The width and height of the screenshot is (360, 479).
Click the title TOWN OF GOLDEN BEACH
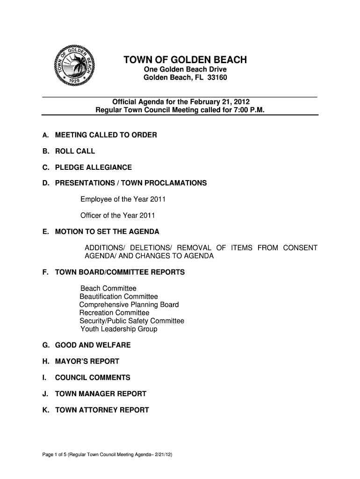(x=185, y=60)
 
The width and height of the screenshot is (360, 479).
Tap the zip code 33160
(x=216, y=78)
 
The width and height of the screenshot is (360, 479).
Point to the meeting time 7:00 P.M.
(x=250, y=110)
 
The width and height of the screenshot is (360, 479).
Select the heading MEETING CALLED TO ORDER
(x=106, y=135)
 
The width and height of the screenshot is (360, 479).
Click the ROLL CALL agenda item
(x=75, y=151)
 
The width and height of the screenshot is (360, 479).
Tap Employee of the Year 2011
(x=123, y=200)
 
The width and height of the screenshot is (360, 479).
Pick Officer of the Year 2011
(x=117, y=216)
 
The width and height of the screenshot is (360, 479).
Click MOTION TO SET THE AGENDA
(x=107, y=232)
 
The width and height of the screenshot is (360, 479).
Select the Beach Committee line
(x=108, y=289)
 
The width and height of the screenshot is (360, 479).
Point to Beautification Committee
(x=119, y=297)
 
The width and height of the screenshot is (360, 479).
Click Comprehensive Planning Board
(x=129, y=305)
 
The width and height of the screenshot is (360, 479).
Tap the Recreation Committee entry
(x=115, y=312)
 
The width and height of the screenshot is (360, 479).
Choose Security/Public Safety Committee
(x=132, y=321)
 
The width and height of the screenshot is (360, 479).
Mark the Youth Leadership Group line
(x=119, y=329)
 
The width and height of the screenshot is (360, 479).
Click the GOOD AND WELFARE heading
(x=93, y=345)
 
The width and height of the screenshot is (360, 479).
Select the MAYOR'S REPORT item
(x=87, y=362)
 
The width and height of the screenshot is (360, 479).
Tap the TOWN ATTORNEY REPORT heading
(x=102, y=410)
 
